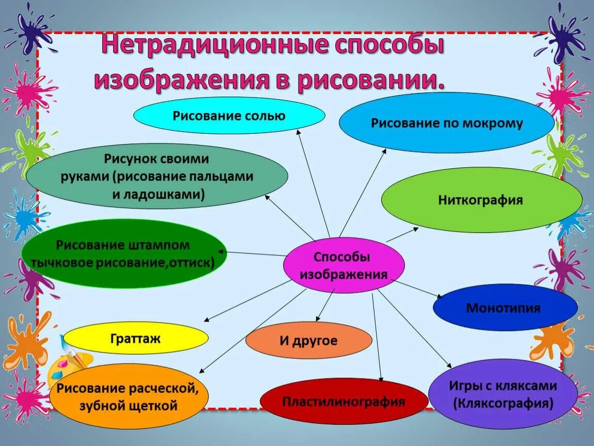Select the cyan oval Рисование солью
(x=229, y=115)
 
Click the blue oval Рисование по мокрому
(x=446, y=123)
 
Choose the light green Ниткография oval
(x=481, y=200)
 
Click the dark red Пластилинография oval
(x=343, y=402)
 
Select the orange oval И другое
(x=308, y=341)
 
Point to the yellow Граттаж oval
(x=135, y=339)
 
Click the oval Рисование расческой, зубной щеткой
(x=129, y=396)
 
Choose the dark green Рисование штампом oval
(x=123, y=253)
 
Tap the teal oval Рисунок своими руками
(x=157, y=176)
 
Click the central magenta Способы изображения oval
(x=343, y=265)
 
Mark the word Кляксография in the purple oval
(x=503, y=403)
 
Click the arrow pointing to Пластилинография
(x=377, y=336)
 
